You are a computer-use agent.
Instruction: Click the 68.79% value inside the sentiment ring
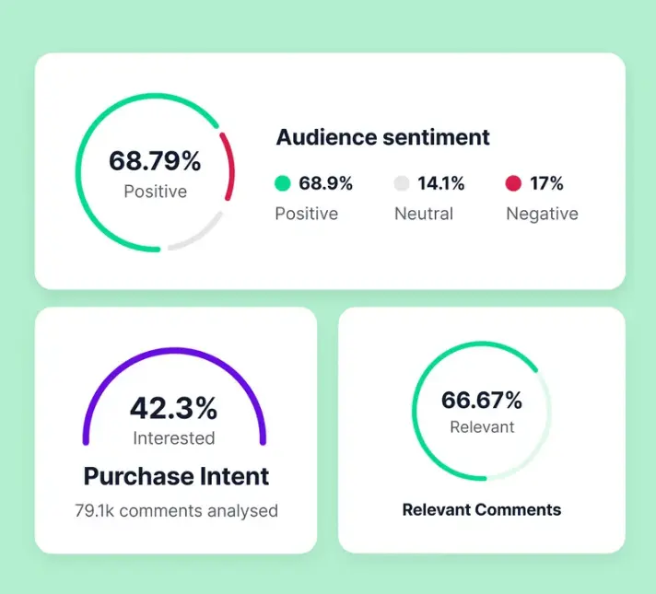[x=155, y=161]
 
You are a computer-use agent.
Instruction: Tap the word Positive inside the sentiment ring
[x=155, y=192]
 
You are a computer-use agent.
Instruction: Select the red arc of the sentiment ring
[x=228, y=166]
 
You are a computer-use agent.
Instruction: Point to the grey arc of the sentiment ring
[x=200, y=236]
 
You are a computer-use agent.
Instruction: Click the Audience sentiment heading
[x=382, y=137]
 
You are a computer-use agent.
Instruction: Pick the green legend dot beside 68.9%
[x=283, y=183]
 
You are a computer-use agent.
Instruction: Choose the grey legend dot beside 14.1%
[x=402, y=183]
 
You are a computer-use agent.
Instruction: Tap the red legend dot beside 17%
[x=513, y=183]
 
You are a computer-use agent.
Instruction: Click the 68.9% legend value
[x=325, y=183]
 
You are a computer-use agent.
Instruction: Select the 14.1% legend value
[x=441, y=183]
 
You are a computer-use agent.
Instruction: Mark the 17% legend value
[x=546, y=183]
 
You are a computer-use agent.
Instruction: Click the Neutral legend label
[x=424, y=214]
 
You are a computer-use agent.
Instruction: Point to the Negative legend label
[x=542, y=214]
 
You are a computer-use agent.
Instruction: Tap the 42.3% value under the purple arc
[x=173, y=408]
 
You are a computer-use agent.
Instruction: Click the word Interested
[x=173, y=438]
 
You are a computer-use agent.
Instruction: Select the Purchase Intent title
[x=176, y=476]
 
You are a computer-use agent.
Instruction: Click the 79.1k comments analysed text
[x=176, y=510]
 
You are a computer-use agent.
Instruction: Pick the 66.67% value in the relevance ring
[x=481, y=401]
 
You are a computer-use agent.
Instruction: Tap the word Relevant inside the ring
[x=482, y=427]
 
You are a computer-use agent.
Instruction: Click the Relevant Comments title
[x=482, y=509]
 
